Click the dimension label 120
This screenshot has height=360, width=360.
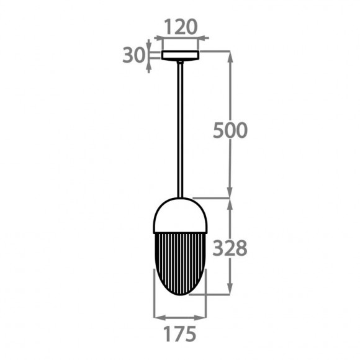tap(181, 27)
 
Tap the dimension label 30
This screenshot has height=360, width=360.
tap(134, 55)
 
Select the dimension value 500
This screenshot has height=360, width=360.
tap(230, 130)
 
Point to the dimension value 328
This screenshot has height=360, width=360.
tap(230, 248)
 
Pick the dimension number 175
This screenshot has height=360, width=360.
tap(180, 334)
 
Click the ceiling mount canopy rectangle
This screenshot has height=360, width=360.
tap(180, 55)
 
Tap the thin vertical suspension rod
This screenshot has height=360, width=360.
tap(181, 130)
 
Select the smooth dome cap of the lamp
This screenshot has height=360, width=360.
tap(180, 215)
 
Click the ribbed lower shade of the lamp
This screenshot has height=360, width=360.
tap(180, 264)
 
